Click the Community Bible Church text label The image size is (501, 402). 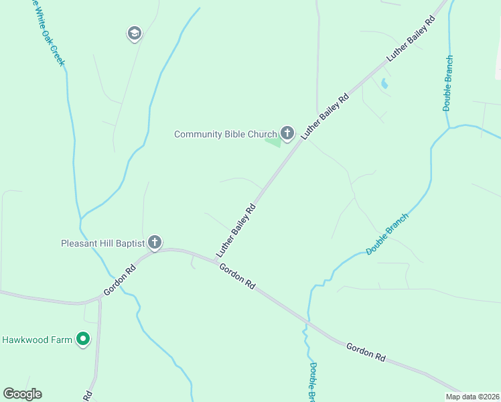coord(225,134)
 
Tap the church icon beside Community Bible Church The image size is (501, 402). coord(287,133)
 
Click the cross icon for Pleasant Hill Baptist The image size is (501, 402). coord(155,242)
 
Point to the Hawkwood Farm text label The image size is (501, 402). coord(37,340)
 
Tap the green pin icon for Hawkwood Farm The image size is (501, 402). coord(83,340)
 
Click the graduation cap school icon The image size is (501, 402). coord(134,33)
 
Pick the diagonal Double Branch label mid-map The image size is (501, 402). coord(387,234)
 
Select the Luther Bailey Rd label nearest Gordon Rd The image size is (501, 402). coord(236,231)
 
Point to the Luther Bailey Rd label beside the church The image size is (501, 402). coord(326,116)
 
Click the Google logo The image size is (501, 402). coord(22,394)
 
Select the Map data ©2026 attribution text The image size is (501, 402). coord(473,397)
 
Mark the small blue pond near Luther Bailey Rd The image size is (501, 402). coord(384,84)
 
